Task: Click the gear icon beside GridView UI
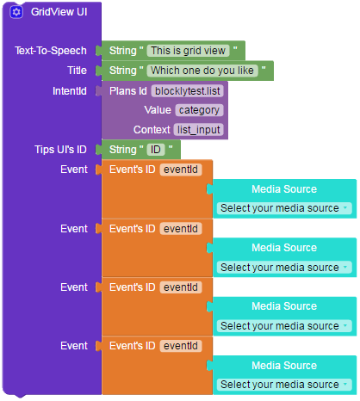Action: (x=16, y=12)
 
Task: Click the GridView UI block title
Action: (x=59, y=12)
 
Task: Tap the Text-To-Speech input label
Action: (x=51, y=51)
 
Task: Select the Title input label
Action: (x=77, y=71)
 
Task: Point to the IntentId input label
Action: (x=70, y=91)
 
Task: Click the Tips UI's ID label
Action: (x=60, y=150)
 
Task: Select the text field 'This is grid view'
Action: (x=188, y=51)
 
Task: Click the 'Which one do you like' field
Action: (x=202, y=71)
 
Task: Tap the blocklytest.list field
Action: (x=188, y=91)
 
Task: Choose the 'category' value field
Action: (x=199, y=110)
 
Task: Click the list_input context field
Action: (x=199, y=130)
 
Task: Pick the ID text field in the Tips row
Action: (x=156, y=150)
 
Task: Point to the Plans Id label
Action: (x=128, y=91)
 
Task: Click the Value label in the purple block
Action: (x=158, y=110)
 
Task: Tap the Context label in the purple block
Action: (x=152, y=130)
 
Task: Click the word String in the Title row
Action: (x=123, y=71)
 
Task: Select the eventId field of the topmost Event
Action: (x=181, y=170)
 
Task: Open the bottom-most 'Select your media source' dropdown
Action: (x=284, y=385)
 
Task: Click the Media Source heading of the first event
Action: (x=284, y=189)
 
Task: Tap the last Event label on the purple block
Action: (x=74, y=346)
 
